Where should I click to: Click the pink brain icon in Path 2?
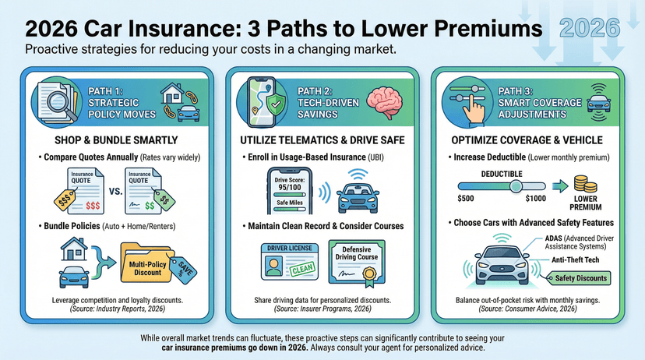[x=385, y=101]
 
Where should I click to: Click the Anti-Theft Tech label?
[x=573, y=260]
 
